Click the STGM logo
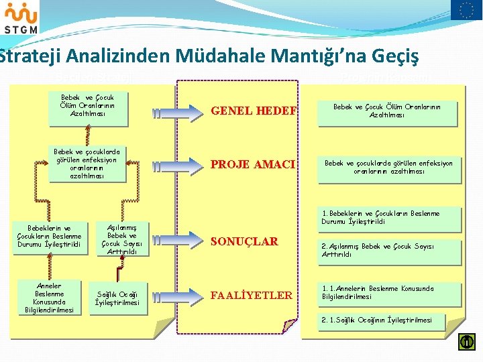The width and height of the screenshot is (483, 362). point(20,18)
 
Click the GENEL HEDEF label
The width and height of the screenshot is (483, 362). point(254,111)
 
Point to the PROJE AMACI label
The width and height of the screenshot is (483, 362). point(254,164)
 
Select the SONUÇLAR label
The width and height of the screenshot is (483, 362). point(244,242)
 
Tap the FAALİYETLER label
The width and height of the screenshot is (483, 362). point(252,295)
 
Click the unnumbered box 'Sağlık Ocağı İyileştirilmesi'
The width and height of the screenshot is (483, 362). point(117,298)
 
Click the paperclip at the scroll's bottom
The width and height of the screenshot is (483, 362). point(289,326)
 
